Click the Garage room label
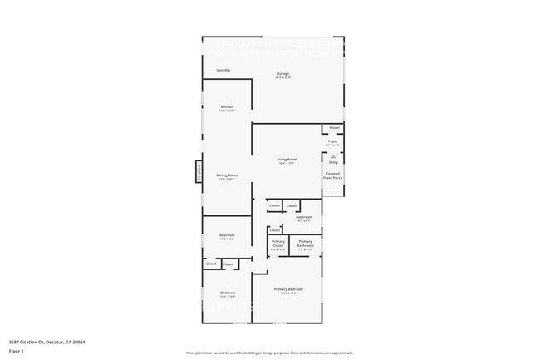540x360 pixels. [283, 75]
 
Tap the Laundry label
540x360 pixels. [223, 70]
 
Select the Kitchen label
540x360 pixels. [227, 107]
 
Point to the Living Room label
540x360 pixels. [287, 160]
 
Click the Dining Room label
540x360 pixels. [227, 175]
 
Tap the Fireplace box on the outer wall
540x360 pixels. [199, 171]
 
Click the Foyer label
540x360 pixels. [332, 143]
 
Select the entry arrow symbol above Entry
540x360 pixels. [333, 155]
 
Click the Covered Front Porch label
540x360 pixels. [332, 175]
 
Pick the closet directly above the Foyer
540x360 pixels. [334, 128]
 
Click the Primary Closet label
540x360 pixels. [277, 244]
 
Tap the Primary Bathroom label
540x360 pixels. [306, 244]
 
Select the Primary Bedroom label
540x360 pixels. [287, 290]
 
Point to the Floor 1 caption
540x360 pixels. [16, 352]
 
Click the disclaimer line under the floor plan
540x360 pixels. [269, 353]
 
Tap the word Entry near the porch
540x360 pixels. [333, 162]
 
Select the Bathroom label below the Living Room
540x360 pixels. [304, 218]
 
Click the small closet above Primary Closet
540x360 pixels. [275, 230]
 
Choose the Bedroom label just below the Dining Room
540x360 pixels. [227, 236]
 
